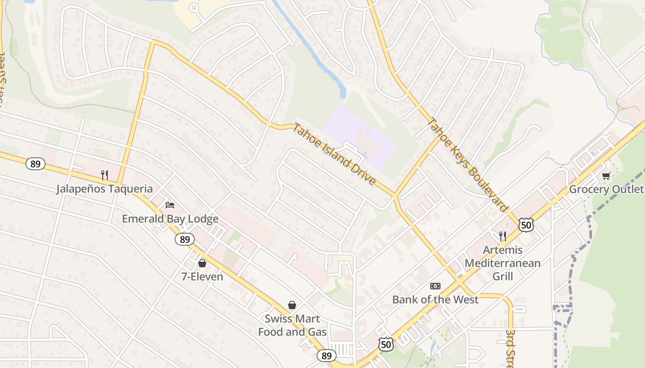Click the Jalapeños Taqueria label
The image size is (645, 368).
click(104, 189)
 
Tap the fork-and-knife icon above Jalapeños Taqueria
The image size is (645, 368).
click(105, 175)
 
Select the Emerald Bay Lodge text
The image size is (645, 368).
click(170, 219)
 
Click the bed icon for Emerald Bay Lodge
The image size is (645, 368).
click(170, 205)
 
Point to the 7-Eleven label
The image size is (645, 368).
click(202, 277)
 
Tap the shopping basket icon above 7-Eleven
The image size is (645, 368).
click(202, 263)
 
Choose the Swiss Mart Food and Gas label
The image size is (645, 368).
click(292, 325)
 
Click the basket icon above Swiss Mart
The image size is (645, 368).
click(292, 305)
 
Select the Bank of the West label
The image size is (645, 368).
click(435, 300)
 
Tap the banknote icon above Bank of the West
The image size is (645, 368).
click(435, 286)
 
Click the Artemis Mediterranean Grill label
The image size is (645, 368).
click(502, 263)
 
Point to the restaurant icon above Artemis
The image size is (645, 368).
click(503, 236)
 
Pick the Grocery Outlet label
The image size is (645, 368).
click(606, 190)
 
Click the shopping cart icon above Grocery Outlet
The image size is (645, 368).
click(606, 176)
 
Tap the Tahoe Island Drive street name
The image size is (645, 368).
click(334, 155)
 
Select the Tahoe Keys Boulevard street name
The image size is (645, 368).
click(467, 165)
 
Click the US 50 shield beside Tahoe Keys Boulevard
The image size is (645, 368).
click(526, 225)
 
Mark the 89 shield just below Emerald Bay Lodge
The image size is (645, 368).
click(185, 239)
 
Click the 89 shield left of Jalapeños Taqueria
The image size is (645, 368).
click(35, 164)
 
